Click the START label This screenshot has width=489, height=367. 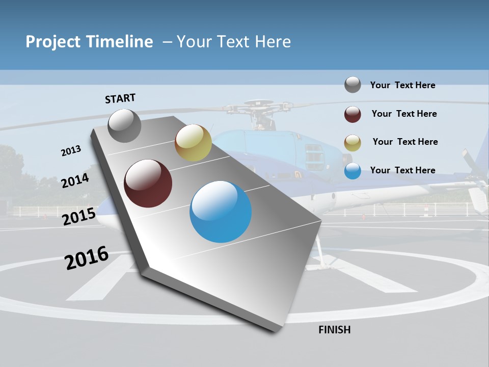pos(120,98)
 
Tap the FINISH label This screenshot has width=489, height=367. pos(335,330)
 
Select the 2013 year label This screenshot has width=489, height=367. pos(71,150)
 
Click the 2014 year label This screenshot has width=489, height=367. pos(75,180)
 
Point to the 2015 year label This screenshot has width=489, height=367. pos(79,217)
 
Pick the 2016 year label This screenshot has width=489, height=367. pos(87,257)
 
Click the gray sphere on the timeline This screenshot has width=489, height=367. pos(124,125)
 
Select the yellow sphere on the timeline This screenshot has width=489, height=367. pos(193,143)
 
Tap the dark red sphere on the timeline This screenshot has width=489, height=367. pos(148,183)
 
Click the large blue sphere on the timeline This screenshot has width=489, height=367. pos(221,211)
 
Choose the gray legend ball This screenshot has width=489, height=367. pos(352,85)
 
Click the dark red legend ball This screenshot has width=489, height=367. pos(352,114)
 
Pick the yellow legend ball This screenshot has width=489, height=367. pos(352,143)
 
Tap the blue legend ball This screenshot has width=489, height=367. pos(352,171)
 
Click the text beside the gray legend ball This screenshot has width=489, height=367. pos(402,85)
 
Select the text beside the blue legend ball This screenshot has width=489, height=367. pos(402,170)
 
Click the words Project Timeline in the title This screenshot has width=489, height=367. pos(89,42)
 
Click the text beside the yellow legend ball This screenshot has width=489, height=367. pos(405,142)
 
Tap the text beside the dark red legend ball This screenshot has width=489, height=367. pos(404,114)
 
